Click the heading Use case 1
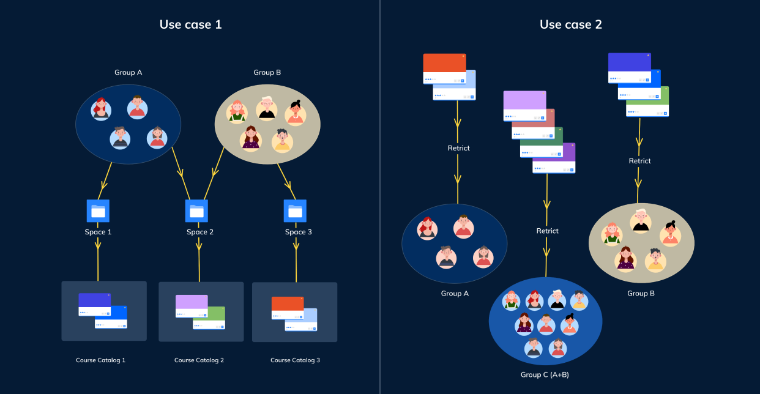[x=190, y=24]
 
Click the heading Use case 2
[x=570, y=24]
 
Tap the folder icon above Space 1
[x=98, y=211]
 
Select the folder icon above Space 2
[x=196, y=211]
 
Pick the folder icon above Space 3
[x=296, y=211]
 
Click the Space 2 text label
[x=200, y=232]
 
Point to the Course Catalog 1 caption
[x=100, y=360]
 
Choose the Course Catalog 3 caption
[x=295, y=360]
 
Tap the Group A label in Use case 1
[x=128, y=72]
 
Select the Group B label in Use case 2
[x=641, y=294]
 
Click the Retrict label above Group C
[x=547, y=231]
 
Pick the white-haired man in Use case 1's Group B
[x=267, y=108]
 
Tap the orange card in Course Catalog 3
[x=288, y=307]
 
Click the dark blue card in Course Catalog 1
[x=94, y=304]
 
